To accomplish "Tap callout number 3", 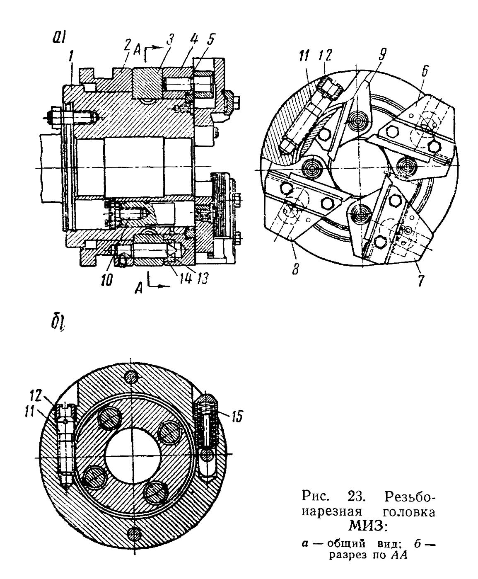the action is coord(169,39).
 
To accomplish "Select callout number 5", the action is coord(211,39).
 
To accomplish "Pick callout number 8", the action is coord(295,269).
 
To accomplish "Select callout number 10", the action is coord(107,280).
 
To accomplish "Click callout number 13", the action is coord(202,279).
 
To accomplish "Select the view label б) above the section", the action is coord(58,323).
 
